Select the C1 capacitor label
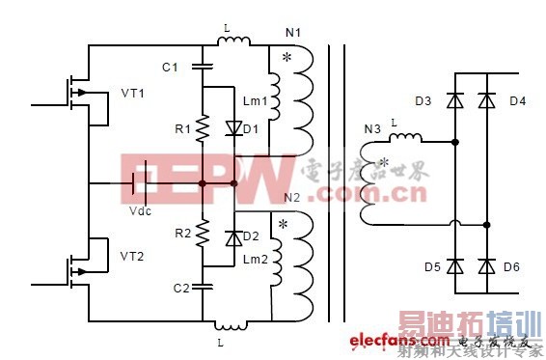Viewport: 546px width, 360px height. click(x=170, y=68)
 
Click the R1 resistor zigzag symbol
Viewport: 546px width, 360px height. click(x=204, y=128)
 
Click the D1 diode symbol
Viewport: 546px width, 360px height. click(x=231, y=128)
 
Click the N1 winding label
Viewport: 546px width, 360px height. click(x=293, y=34)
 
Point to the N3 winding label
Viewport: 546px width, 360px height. click(x=370, y=128)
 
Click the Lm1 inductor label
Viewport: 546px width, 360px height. click(x=255, y=100)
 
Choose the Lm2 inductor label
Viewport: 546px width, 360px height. click(x=255, y=260)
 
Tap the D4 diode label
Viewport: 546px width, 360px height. click(x=517, y=100)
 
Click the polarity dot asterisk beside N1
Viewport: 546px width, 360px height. click(x=286, y=59)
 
